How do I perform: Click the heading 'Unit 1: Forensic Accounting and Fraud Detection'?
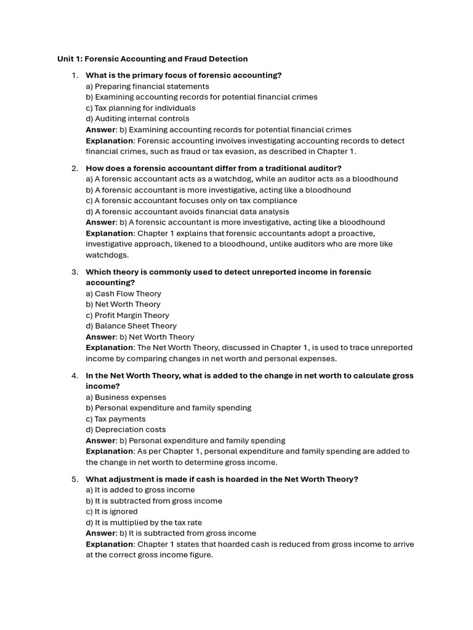pyautogui.click(x=152, y=59)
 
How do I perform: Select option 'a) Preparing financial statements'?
pyautogui.click(x=147, y=86)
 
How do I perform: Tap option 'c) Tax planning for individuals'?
pyautogui.click(x=140, y=108)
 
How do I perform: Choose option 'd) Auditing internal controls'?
pyautogui.click(x=137, y=119)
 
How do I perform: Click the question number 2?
pyautogui.click(x=75, y=168)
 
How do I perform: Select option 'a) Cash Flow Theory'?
pyautogui.click(x=123, y=293)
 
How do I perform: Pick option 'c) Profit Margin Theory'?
pyautogui.click(x=127, y=315)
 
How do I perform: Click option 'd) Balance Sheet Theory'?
pyautogui.click(x=131, y=326)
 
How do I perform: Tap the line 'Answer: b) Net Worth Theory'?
pyautogui.click(x=140, y=337)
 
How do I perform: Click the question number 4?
pyautogui.click(x=75, y=375)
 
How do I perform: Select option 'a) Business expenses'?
pyautogui.click(x=126, y=397)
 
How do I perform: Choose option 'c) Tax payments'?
pyautogui.click(x=115, y=419)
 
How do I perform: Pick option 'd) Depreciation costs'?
pyautogui.click(x=126, y=429)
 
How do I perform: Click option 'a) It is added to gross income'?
pyautogui.click(x=140, y=490)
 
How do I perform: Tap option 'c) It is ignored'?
pyautogui.click(x=111, y=511)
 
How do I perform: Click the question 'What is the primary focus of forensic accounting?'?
pyautogui.click(x=184, y=75)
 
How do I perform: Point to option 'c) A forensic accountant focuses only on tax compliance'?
pyautogui.click(x=191, y=201)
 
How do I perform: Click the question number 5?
pyautogui.click(x=75, y=479)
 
